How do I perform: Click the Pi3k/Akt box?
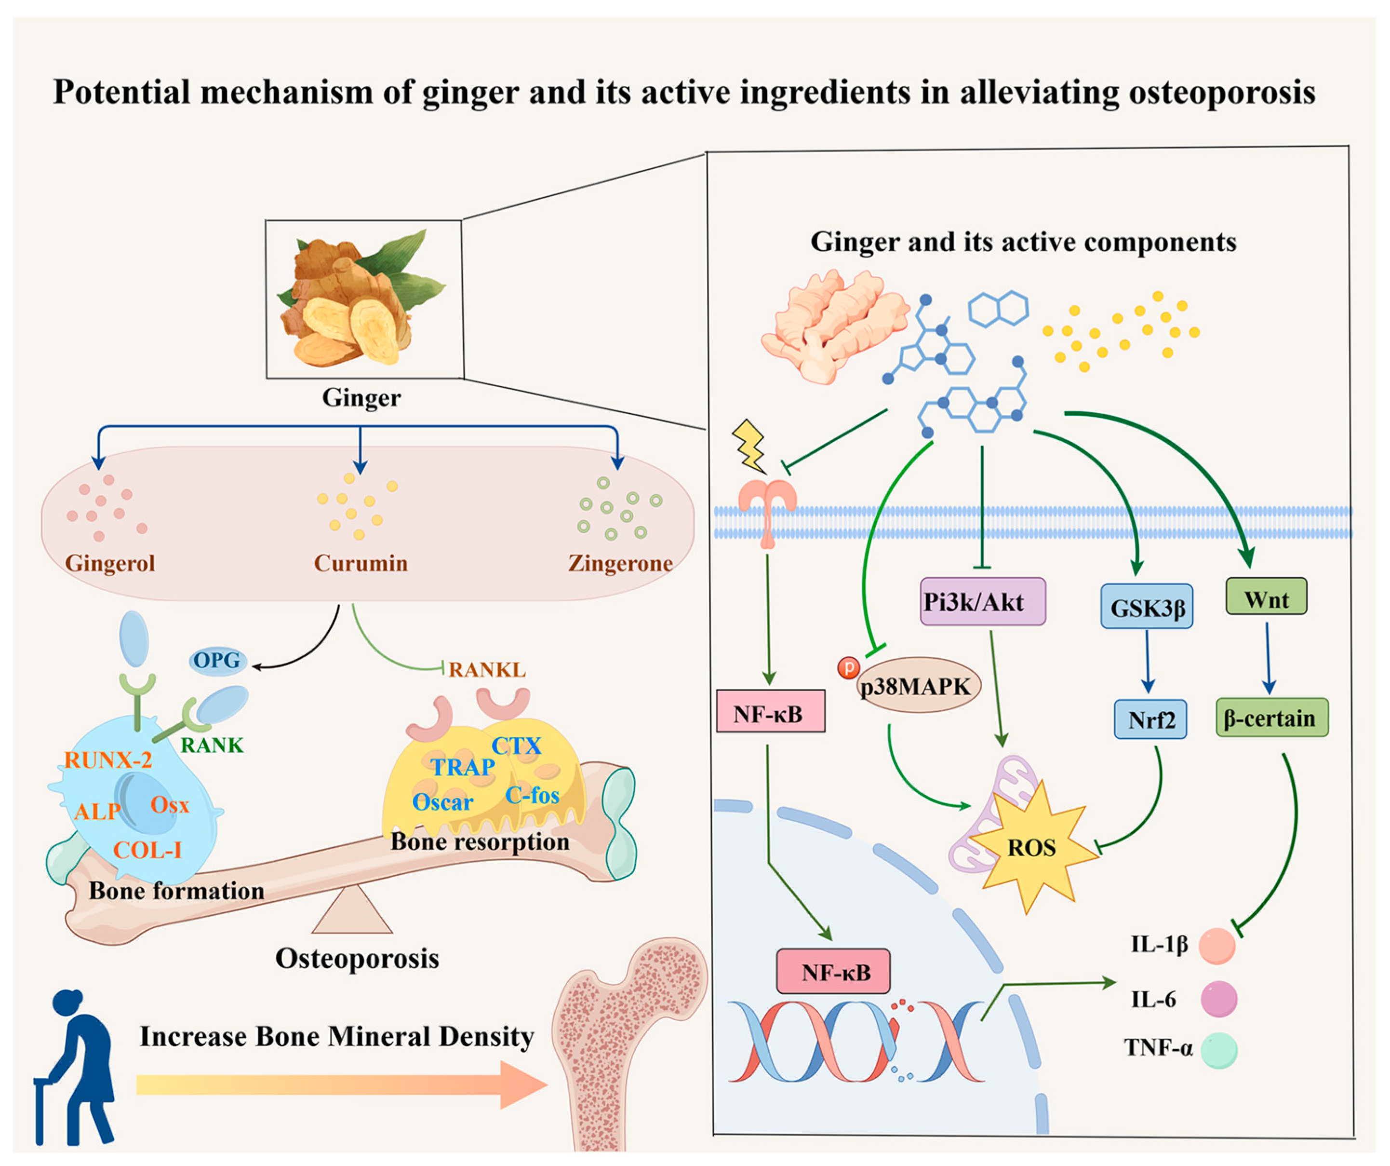pos(982,601)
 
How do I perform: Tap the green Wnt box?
pos(1266,597)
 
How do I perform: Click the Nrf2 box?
pos(1149,719)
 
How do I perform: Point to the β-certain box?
pos(1271,718)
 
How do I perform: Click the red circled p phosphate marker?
pos(848,667)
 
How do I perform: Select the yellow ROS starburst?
pos(1030,848)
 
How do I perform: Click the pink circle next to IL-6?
pos(1218,999)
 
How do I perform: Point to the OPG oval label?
pos(217,660)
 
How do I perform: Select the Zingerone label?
pos(620,563)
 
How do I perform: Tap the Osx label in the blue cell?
pos(170,805)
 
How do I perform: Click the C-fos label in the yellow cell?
pos(532,795)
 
